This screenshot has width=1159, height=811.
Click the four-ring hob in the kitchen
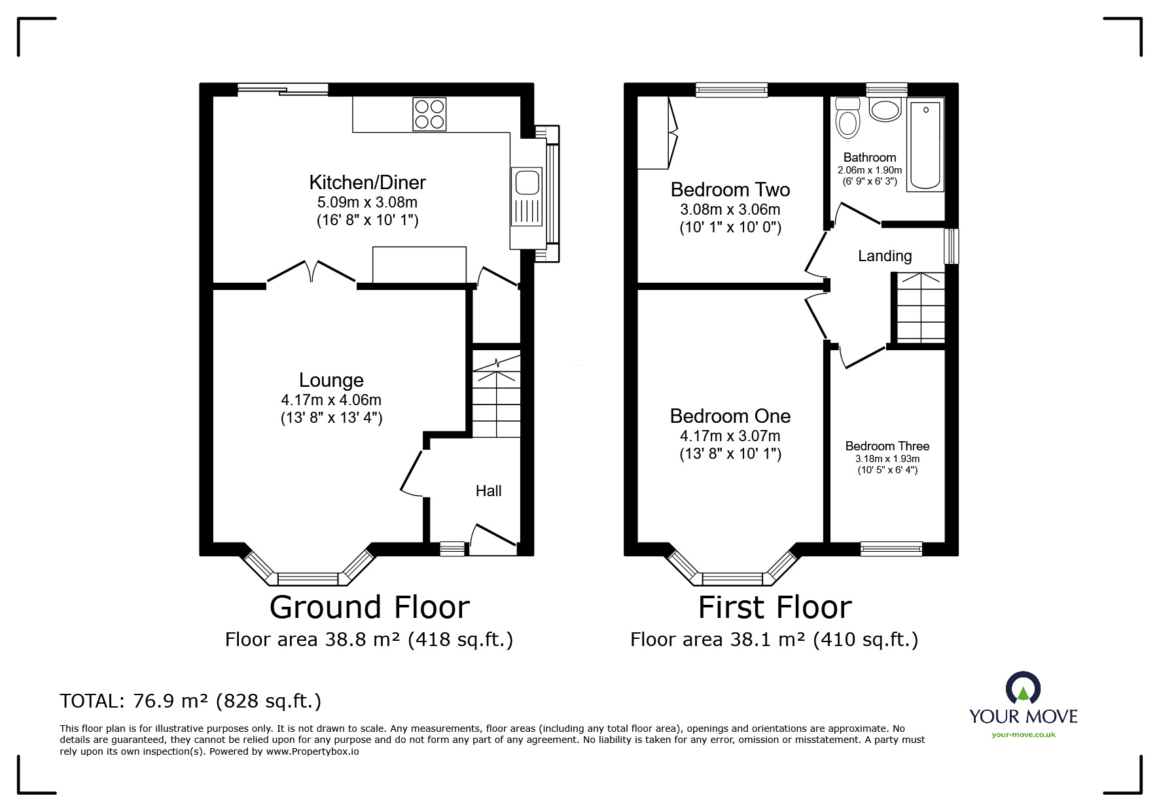coord(429,114)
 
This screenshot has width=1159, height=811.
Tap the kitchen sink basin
coord(527,182)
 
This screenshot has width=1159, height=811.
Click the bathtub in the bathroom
coord(925,145)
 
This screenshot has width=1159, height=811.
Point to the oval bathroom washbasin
coord(885,110)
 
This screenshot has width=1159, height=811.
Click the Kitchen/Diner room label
coord(367,182)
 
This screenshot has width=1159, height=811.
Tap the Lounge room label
coord(331,380)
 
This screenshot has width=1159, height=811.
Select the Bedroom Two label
coord(730,190)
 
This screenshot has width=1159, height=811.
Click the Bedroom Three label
coord(887,446)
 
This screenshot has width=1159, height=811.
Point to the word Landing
coord(885,256)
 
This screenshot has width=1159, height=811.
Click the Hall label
coord(488,491)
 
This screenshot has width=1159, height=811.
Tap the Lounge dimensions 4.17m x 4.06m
coord(331,400)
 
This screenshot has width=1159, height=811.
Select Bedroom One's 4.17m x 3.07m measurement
coord(730,436)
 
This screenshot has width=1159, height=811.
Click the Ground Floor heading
coord(370,607)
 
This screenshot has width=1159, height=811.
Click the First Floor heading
coord(775,607)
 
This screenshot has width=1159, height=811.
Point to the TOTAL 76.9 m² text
coord(190,701)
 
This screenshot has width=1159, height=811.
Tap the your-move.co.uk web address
coord(1024,734)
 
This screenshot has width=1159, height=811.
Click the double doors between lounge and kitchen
coord(312,274)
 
